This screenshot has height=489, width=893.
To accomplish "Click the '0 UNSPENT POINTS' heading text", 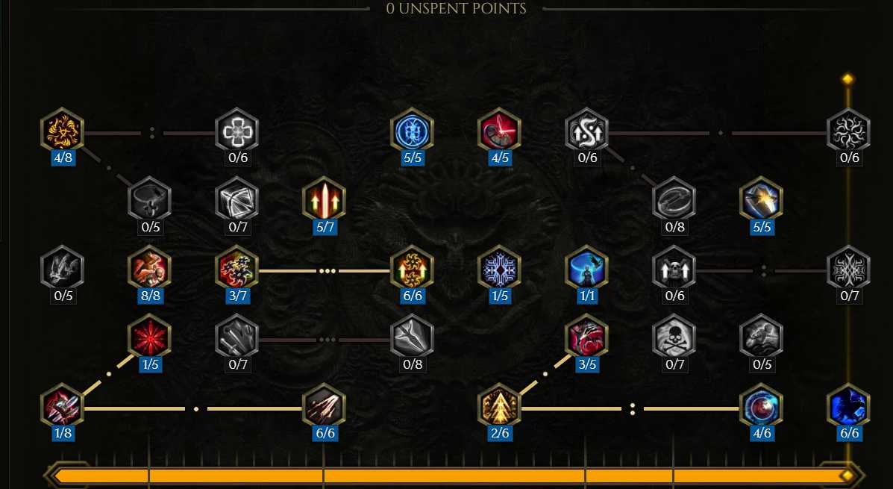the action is pyautogui.click(x=456, y=8).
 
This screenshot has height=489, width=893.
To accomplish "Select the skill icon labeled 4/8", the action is pyautogui.click(x=63, y=131).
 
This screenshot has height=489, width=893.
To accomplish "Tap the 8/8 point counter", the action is pyautogui.click(x=151, y=296).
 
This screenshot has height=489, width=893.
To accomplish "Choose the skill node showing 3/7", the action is pyautogui.click(x=237, y=269).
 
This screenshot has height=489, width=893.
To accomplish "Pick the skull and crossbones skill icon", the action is pyautogui.click(x=674, y=337).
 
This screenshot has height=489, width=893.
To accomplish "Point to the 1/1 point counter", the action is pyautogui.click(x=587, y=296).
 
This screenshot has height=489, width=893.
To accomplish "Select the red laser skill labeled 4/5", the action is pyautogui.click(x=499, y=131).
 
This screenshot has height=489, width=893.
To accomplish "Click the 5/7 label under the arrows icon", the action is pyautogui.click(x=325, y=227).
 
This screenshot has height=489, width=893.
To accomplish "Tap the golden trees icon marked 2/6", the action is pyautogui.click(x=499, y=406).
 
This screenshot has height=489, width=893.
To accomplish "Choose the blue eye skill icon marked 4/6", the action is pyautogui.click(x=762, y=406).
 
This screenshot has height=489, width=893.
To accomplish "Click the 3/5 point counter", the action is pyautogui.click(x=587, y=364).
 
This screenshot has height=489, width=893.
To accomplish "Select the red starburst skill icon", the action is pyautogui.click(x=151, y=337).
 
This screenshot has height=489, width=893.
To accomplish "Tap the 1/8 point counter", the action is pyautogui.click(x=63, y=433).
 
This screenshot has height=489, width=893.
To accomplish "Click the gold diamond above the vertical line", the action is pyautogui.click(x=848, y=78).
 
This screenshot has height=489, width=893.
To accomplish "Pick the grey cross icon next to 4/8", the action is pyautogui.click(x=237, y=131).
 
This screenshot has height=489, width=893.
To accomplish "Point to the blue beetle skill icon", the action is pyautogui.click(x=413, y=131).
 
